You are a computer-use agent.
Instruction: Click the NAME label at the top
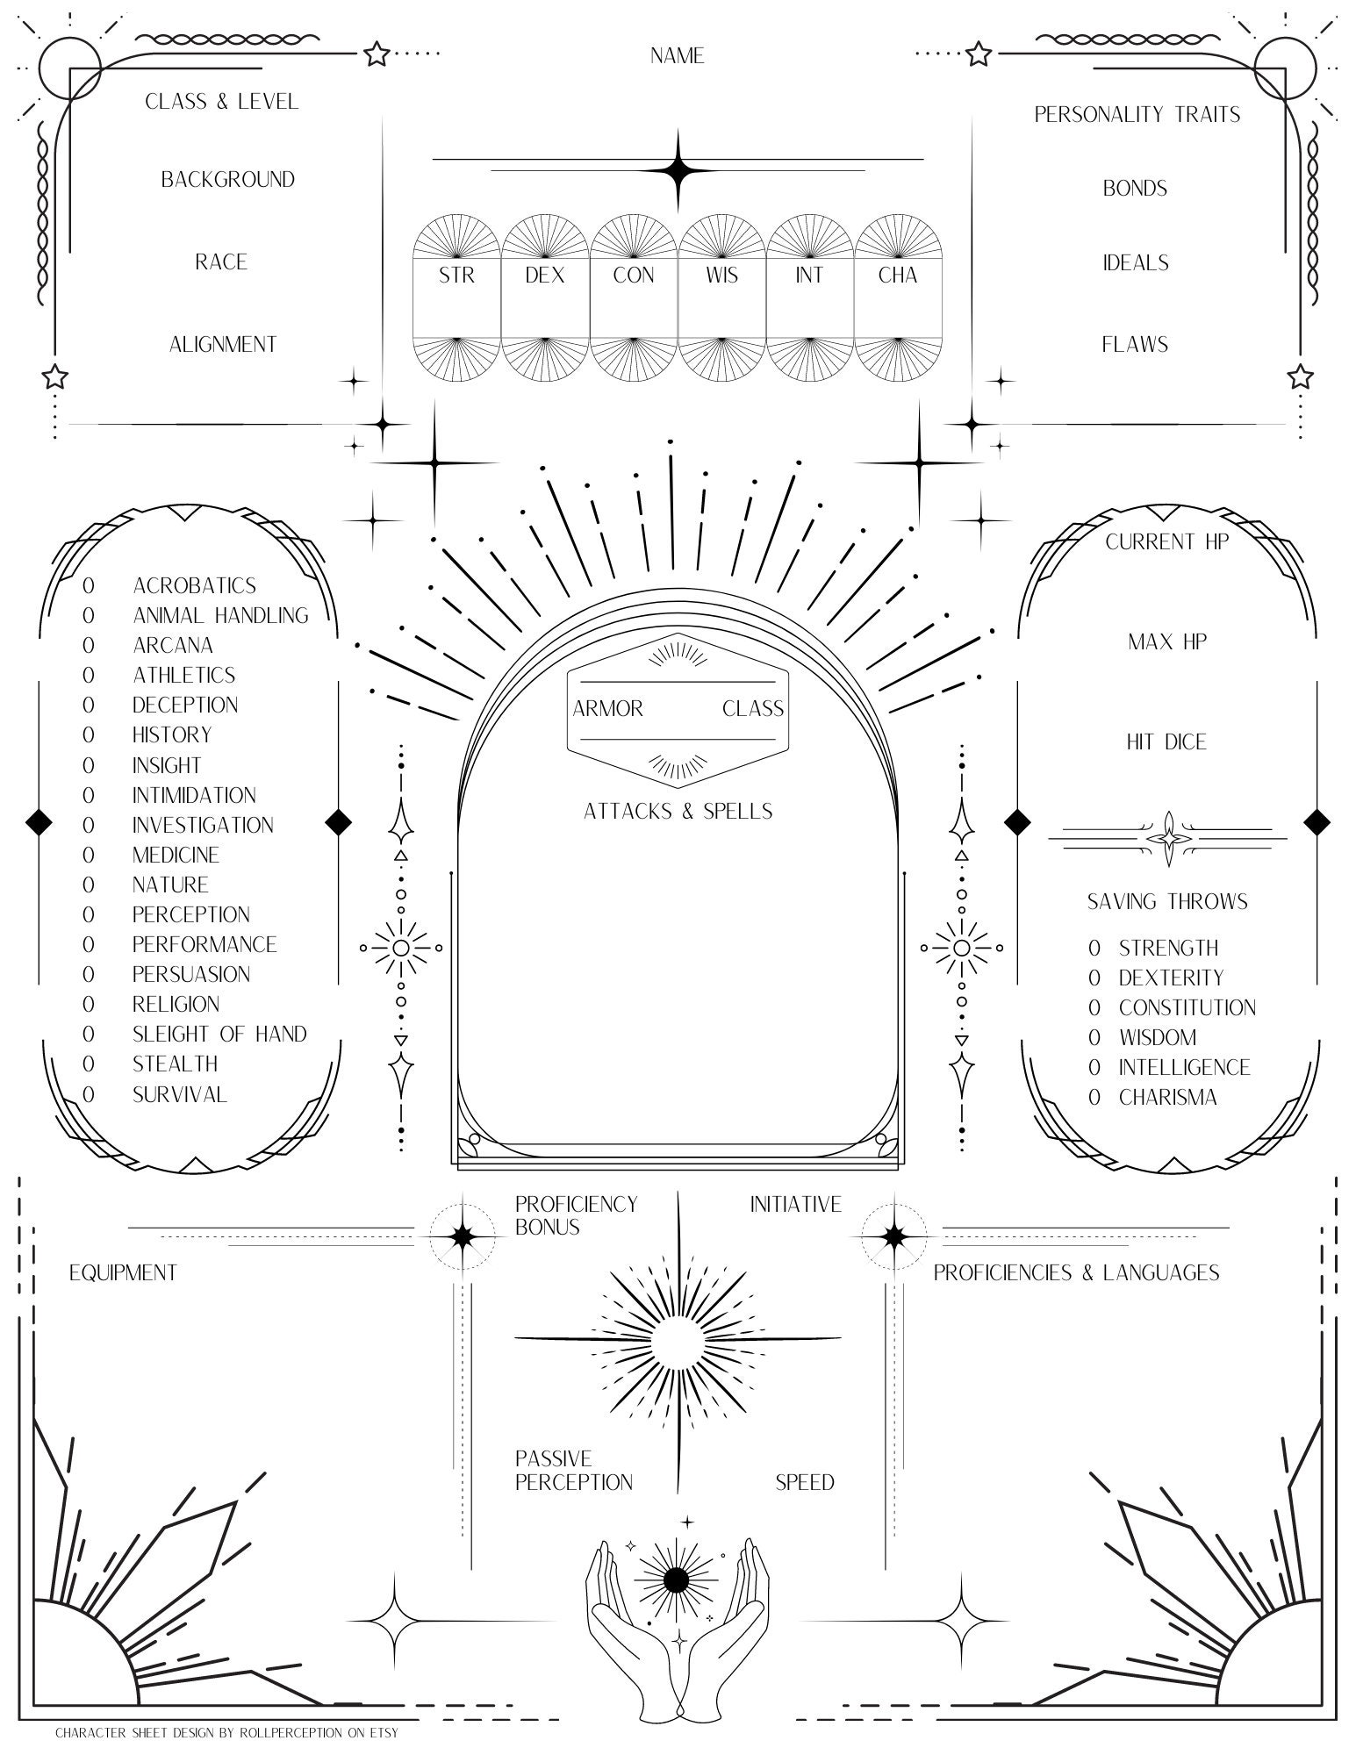(677, 56)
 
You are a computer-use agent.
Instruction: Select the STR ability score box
(456, 298)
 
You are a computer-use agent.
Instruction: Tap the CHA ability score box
(898, 298)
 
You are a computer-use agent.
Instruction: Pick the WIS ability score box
(721, 298)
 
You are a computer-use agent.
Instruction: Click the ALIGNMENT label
(223, 345)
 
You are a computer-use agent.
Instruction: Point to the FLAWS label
(1135, 345)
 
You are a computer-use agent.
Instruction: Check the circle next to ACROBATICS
(88, 585)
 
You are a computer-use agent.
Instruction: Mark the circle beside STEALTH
(88, 1064)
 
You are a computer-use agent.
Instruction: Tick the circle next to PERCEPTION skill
(88, 914)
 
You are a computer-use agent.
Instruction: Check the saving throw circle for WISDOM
(1094, 1037)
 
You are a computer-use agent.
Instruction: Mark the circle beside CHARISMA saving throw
(1094, 1097)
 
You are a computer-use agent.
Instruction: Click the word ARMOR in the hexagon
(607, 709)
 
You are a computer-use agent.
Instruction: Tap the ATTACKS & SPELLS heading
(678, 812)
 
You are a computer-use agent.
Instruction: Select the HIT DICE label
(1166, 742)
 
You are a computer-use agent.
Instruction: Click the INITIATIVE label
(795, 1204)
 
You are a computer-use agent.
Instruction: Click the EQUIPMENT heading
(123, 1272)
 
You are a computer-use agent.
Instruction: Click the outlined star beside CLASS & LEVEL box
(377, 54)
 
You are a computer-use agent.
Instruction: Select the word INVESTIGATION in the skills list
(203, 825)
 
